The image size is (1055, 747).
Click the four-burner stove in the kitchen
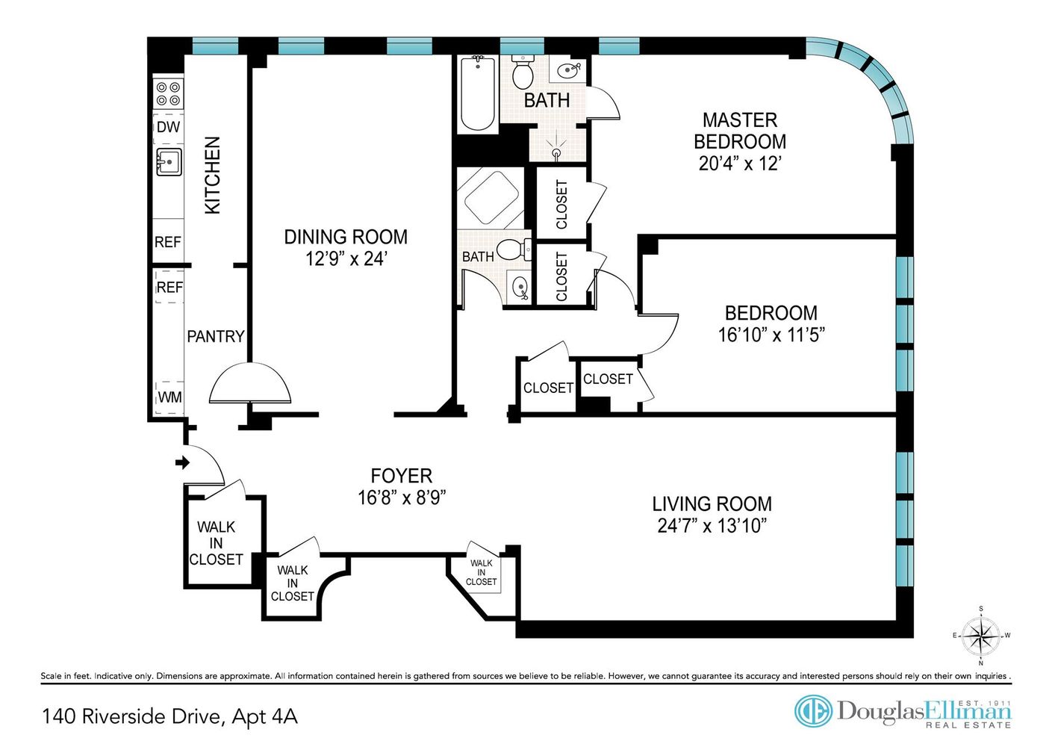(168, 94)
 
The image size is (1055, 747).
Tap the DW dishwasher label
(168, 127)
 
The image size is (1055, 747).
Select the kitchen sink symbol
(169, 161)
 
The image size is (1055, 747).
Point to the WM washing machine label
(169, 397)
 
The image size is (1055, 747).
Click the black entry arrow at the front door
(182, 462)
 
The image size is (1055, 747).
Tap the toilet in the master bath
(523, 72)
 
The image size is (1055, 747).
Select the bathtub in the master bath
(478, 93)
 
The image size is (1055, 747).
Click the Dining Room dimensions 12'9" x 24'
(346, 258)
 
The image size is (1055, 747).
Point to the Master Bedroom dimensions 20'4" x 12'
(740, 164)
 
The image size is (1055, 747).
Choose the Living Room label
(712, 503)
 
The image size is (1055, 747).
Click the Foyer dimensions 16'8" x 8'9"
(401, 498)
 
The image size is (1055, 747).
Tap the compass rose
(980, 635)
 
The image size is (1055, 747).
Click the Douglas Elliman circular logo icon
(813, 710)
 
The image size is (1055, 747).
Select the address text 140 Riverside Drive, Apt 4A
(170, 717)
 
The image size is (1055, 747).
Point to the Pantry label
(216, 336)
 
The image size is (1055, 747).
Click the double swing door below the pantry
(250, 383)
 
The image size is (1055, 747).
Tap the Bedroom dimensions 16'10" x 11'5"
(771, 335)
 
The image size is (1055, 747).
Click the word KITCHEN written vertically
(213, 176)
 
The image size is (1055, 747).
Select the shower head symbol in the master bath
(557, 149)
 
